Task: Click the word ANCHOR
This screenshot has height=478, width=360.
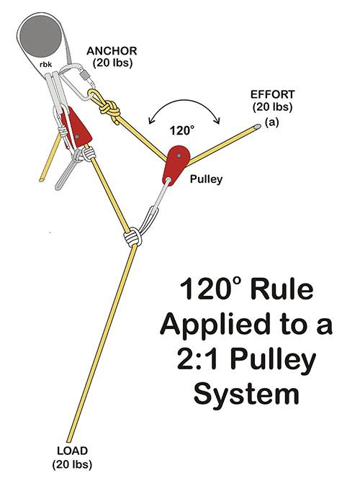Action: (112, 51)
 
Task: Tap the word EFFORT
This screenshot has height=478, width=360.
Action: (272, 94)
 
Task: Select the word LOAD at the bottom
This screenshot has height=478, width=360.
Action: (73, 451)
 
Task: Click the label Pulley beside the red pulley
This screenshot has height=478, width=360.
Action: (206, 179)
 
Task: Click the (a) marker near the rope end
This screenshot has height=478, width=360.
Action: (271, 122)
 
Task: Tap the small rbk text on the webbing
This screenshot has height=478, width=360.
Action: (46, 64)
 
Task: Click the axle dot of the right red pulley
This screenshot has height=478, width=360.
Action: (179, 155)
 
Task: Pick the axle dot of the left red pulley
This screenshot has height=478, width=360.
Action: (77, 137)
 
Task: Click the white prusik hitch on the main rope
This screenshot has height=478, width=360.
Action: (133, 237)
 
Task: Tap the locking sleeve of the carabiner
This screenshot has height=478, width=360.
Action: (84, 74)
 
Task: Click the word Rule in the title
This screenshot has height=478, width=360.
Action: (282, 289)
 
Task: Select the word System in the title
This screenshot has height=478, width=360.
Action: (246, 393)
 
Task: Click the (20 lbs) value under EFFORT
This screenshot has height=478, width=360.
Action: (272, 107)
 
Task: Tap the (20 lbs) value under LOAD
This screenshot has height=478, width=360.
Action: (72, 464)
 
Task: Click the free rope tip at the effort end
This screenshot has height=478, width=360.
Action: (258, 125)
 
